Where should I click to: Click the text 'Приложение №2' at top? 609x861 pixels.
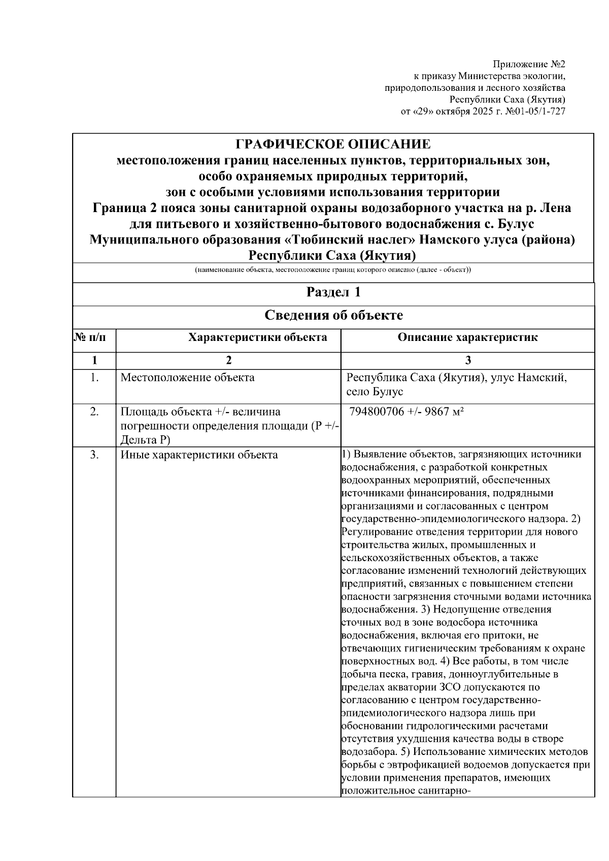pos(529,65)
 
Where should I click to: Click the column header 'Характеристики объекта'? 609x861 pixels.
pos(258,337)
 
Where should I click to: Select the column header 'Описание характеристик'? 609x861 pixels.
pos(467,337)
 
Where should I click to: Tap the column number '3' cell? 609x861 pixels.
pos(467,360)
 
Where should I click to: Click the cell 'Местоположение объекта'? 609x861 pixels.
pos(187,378)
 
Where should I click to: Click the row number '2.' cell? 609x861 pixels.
pos(94,412)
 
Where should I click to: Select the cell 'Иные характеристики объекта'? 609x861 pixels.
pos(199,455)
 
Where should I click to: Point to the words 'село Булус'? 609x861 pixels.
pos(375,392)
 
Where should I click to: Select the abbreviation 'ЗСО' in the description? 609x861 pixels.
pos(458,688)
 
